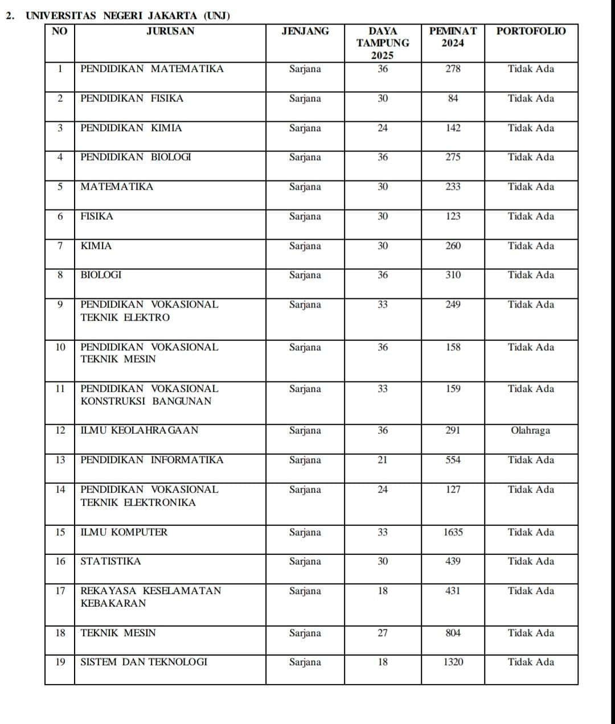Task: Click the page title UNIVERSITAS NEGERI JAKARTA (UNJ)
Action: (128, 15)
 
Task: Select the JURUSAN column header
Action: (170, 31)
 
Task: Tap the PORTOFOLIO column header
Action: (531, 31)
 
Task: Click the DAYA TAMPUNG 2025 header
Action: (383, 43)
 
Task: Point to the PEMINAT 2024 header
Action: (453, 37)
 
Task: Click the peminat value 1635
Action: (453, 532)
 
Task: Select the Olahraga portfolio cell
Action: (531, 430)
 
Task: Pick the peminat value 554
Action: (453, 460)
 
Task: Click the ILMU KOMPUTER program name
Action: (124, 532)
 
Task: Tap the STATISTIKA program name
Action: (110, 561)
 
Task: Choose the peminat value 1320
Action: (453, 662)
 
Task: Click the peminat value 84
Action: (453, 98)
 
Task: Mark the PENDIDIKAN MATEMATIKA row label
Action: (152, 69)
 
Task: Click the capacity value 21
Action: (383, 460)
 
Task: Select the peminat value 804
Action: (453, 633)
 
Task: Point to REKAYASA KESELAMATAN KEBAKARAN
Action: (150, 597)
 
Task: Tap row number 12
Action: (60, 430)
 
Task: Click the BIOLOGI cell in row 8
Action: (101, 275)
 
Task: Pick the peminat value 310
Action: (453, 275)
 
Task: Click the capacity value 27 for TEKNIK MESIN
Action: (383, 633)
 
